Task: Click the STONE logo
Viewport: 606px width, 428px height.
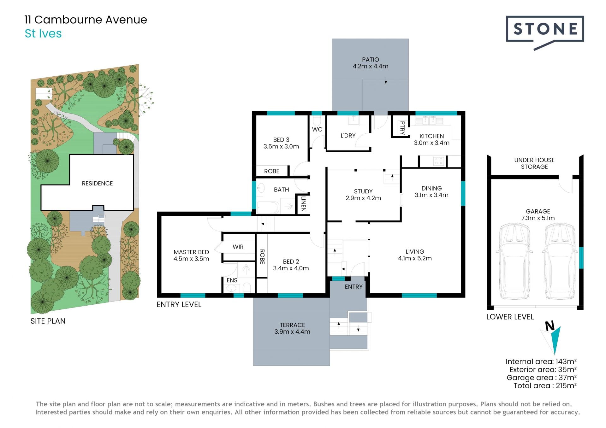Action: point(545,30)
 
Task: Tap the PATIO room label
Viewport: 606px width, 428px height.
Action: point(371,60)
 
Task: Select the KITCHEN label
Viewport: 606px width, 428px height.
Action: point(431,136)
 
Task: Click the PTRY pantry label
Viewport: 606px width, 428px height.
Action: point(402,128)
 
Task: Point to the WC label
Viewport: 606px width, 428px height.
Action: point(317,129)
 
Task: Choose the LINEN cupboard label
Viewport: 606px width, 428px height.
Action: point(303,204)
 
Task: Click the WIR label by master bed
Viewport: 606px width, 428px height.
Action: point(238,247)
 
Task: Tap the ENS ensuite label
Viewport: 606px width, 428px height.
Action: point(232,280)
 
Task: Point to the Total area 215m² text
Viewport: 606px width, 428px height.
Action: point(545,385)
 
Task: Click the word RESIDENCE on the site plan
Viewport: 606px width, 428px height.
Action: point(97,183)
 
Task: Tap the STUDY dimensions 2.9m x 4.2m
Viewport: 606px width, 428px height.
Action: point(363,198)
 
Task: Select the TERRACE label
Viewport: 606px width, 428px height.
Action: point(292,325)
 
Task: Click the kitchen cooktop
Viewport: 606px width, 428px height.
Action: point(439,161)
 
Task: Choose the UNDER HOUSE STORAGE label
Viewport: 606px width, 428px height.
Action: point(534,163)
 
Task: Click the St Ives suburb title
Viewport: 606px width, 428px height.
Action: point(43,33)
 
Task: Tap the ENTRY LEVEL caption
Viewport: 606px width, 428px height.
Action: point(179,304)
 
